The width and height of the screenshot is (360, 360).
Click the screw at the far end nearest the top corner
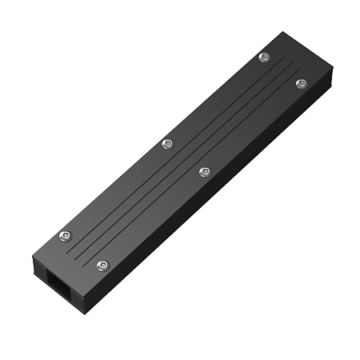265,57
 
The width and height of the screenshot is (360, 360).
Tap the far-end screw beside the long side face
301,83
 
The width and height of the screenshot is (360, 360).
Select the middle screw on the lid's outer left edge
167,144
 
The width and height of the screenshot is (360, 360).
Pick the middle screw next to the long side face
204,171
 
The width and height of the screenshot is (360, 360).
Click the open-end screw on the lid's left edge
66,235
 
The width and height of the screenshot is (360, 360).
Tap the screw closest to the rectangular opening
102,265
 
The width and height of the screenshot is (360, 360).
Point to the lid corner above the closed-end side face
332,70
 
